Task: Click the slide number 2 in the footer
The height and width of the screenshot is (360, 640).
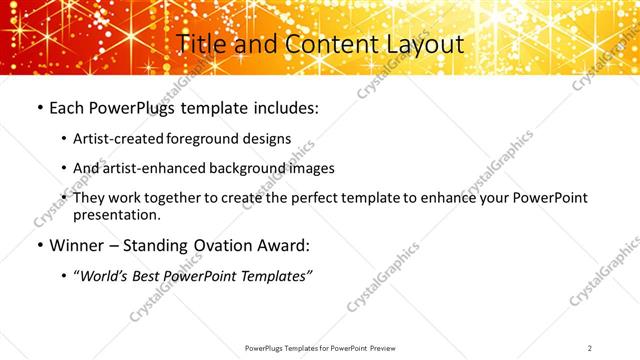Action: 590,347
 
